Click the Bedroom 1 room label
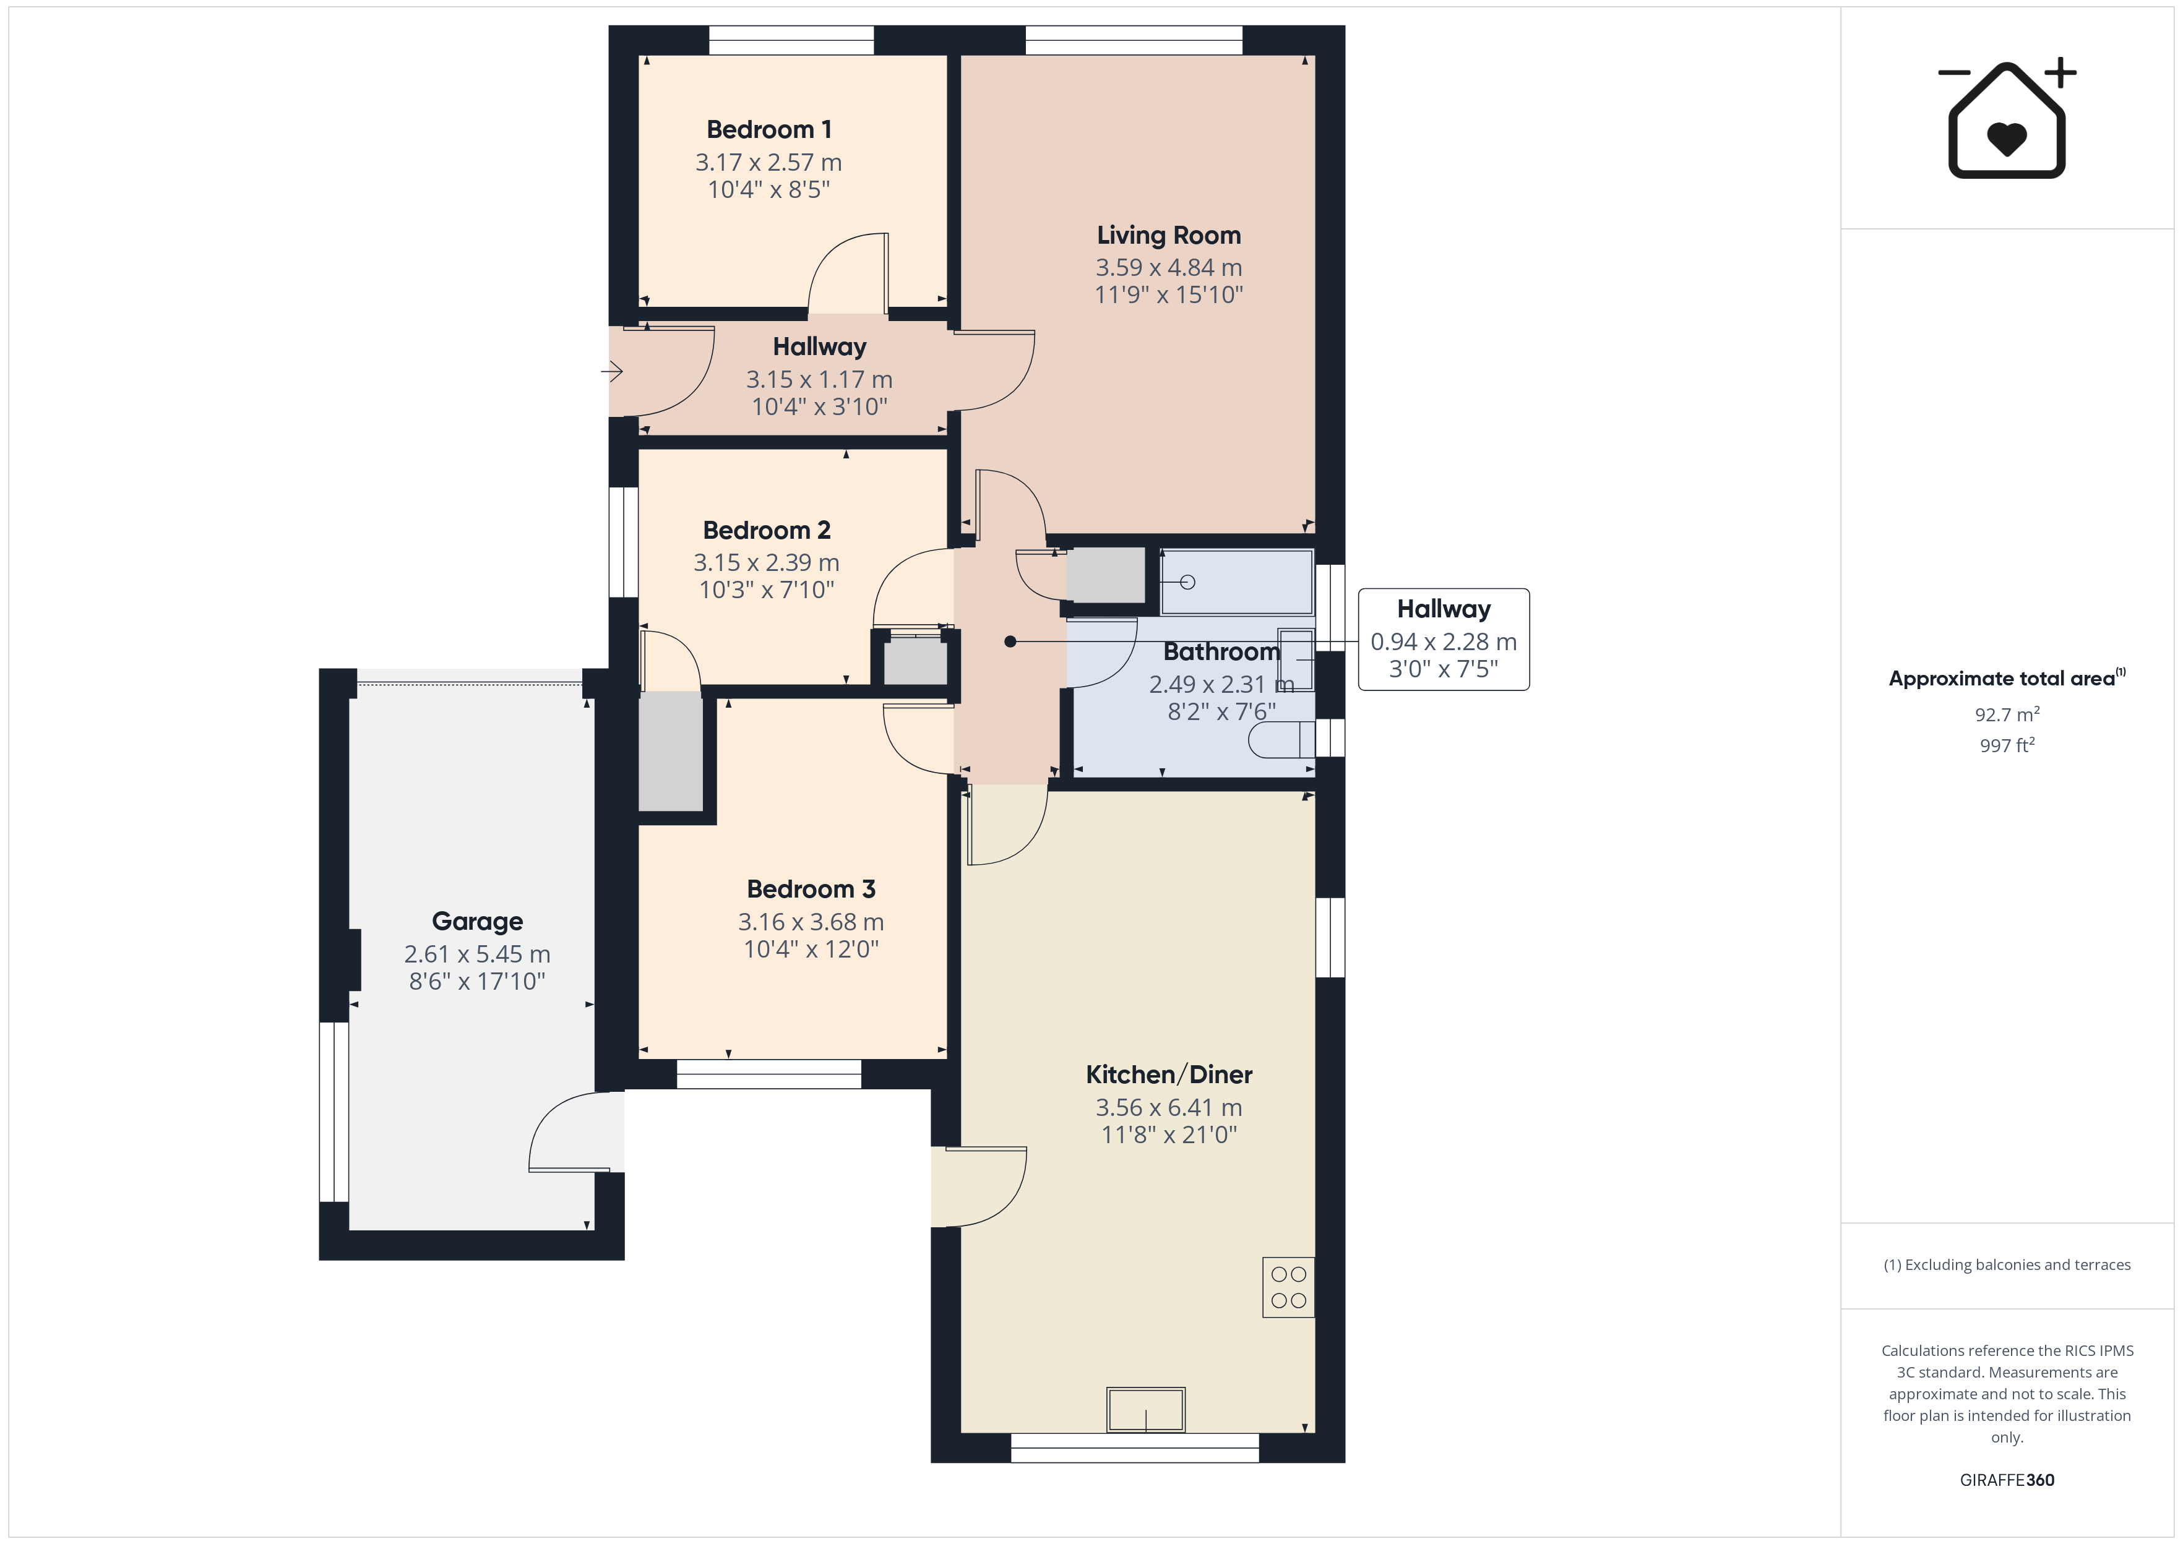click(x=769, y=129)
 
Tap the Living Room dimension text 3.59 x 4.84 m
click(x=1168, y=268)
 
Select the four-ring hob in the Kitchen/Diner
click(x=1288, y=1287)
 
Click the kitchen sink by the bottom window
click(x=1146, y=1409)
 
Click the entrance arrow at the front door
click(x=613, y=371)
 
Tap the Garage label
click(x=477, y=921)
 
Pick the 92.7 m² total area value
click(x=2007, y=714)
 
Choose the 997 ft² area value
click(x=2007, y=745)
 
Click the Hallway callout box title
click(x=1444, y=609)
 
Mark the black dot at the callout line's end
click(x=1010, y=641)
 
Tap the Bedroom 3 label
click(x=811, y=889)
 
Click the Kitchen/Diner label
click(x=1168, y=1074)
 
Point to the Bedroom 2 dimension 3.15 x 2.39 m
click(x=766, y=563)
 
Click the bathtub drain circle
click(x=1187, y=582)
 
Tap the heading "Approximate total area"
click(x=2002, y=679)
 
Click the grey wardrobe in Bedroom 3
click(x=670, y=751)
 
